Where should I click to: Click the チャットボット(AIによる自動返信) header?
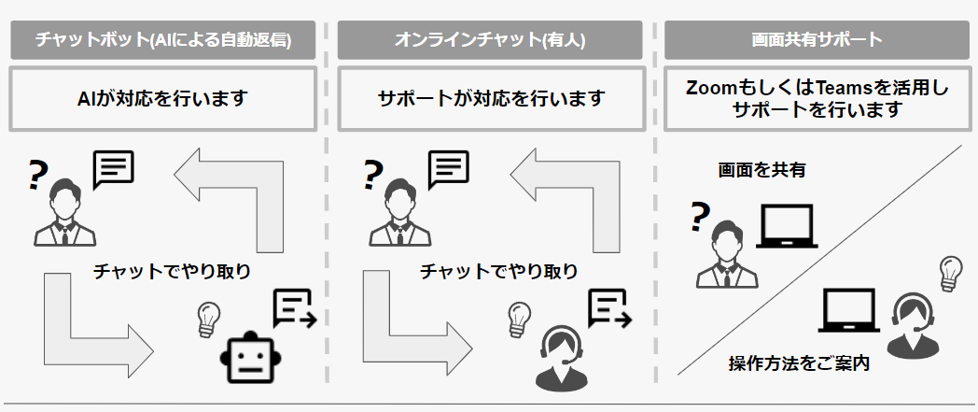163,40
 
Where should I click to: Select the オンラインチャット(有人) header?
489,40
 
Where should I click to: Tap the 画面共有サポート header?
816,40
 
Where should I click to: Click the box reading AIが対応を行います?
163,97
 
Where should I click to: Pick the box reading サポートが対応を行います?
489,97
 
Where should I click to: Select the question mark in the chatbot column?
38,175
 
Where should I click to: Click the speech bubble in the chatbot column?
114,170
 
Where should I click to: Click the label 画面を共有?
761,170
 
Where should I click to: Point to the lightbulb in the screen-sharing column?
949,271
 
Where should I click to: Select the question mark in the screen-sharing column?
698,217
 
